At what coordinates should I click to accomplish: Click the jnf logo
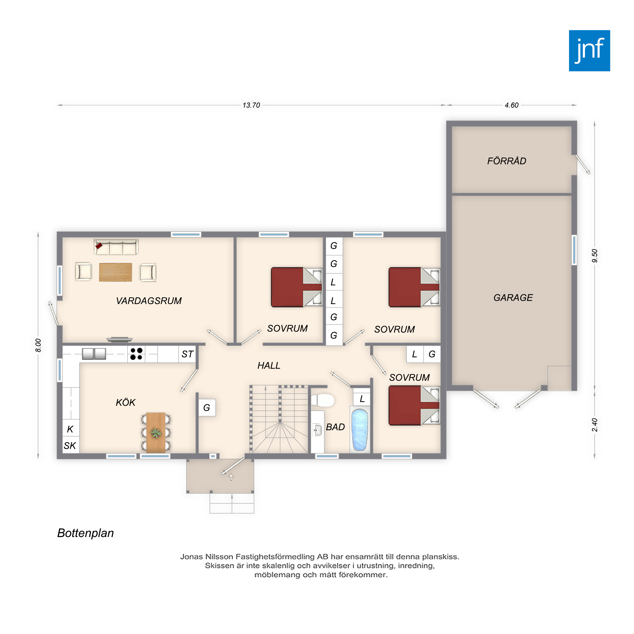click(589, 50)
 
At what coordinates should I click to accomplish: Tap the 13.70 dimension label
click(251, 105)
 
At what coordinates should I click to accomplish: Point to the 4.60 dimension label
click(511, 105)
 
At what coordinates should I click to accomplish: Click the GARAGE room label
click(513, 298)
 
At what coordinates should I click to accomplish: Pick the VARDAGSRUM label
click(149, 301)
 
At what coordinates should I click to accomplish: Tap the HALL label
click(269, 366)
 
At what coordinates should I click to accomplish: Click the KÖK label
click(125, 402)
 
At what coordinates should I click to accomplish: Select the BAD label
click(335, 427)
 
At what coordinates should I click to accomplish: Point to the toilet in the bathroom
click(323, 400)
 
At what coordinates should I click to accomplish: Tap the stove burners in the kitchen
click(136, 354)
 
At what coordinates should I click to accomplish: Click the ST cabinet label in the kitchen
click(187, 354)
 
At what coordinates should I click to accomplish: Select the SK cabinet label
click(70, 446)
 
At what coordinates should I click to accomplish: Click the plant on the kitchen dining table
click(156, 433)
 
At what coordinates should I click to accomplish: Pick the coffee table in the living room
click(115, 272)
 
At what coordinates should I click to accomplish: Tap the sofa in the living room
click(116, 247)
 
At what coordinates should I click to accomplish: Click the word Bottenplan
click(85, 533)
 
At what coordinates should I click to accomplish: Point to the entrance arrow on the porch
click(231, 477)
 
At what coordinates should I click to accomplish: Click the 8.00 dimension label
click(38, 346)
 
